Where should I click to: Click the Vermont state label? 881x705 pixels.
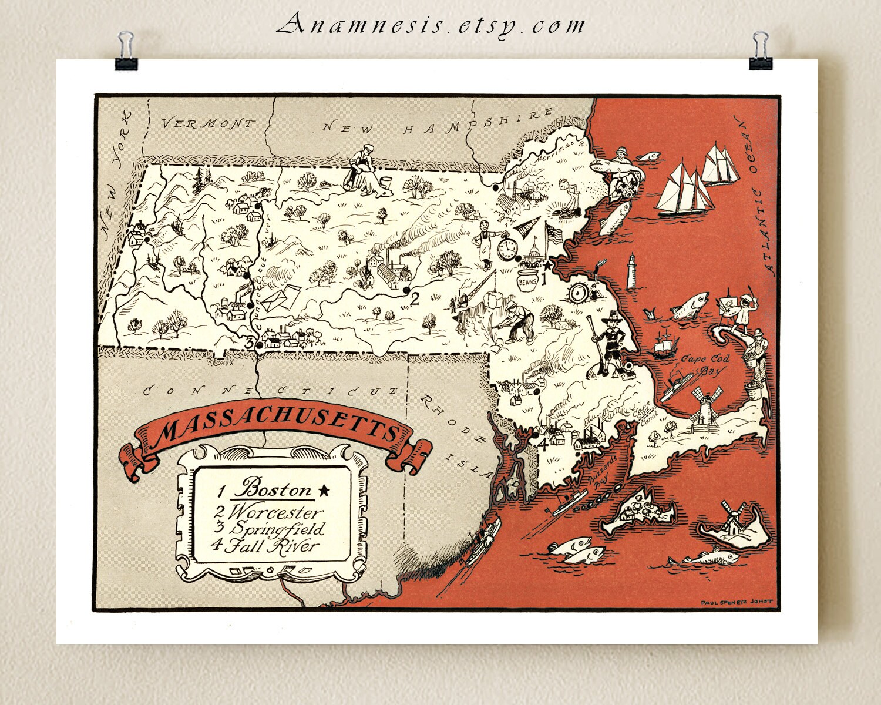[209, 124]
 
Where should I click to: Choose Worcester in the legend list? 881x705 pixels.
[277, 512]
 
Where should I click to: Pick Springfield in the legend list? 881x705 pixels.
[277, 529]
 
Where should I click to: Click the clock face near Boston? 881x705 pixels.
[506, 250]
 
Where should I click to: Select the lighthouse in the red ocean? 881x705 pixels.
[632, 271]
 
